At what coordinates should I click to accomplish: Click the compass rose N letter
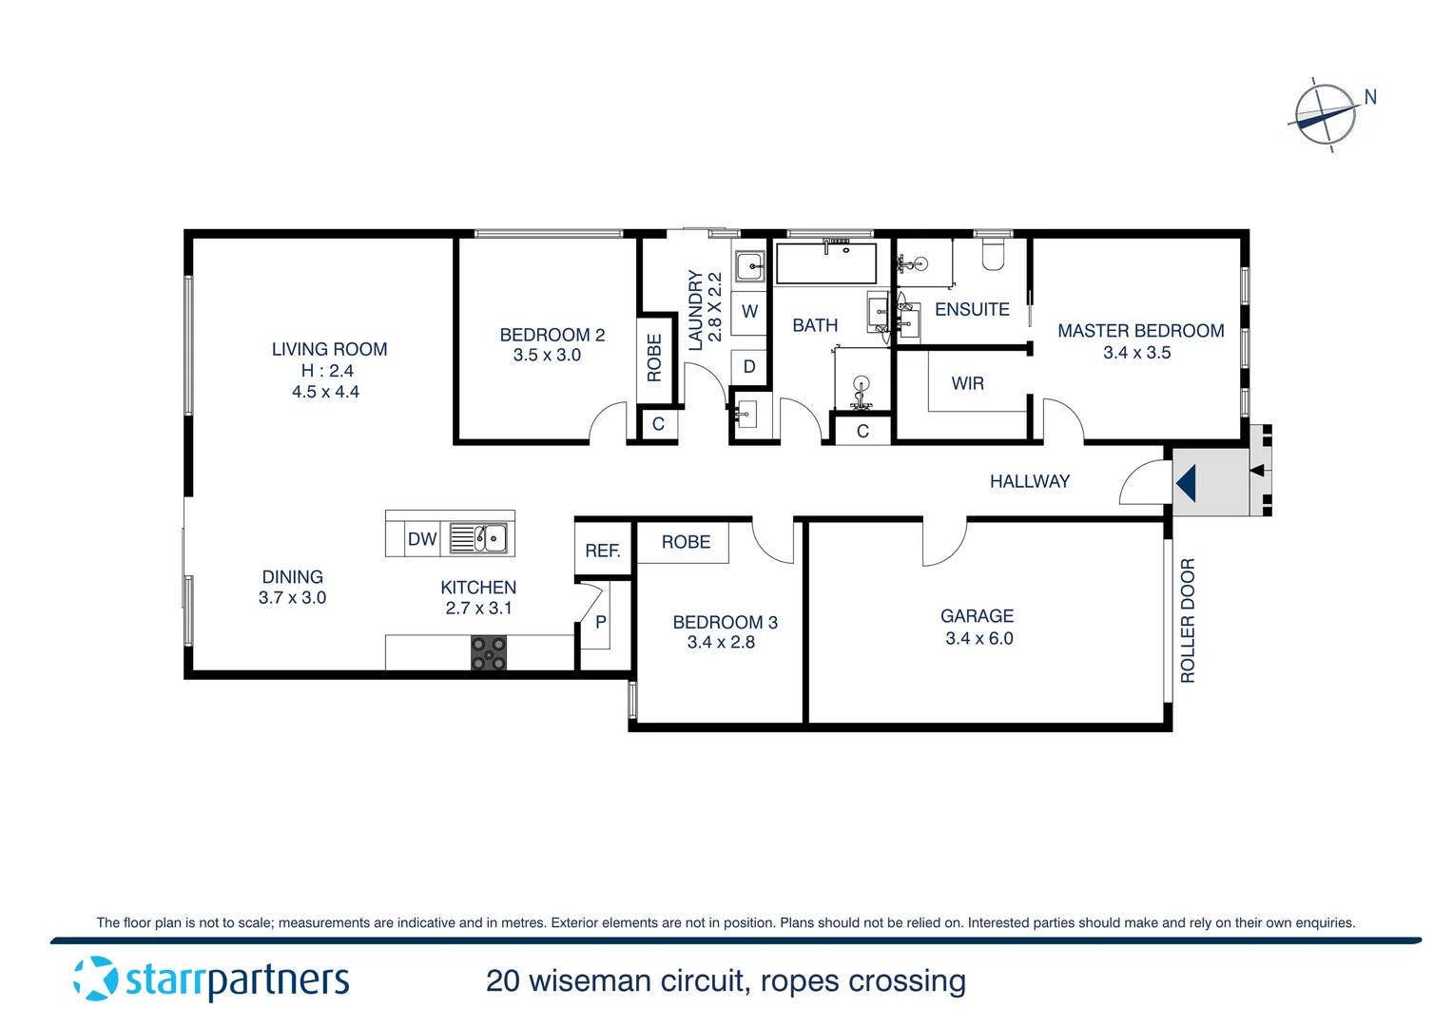point(1370,97)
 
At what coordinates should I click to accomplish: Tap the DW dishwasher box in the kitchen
point(421,539)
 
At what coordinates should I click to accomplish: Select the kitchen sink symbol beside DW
point(478,538)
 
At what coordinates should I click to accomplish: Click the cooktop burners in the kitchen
point(489,653)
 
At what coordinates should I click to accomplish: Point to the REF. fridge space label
point(603,551)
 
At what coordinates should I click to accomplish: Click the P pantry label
point(600,623)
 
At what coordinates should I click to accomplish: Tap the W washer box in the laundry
point(749,312)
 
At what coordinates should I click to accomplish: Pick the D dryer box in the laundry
point(749,367)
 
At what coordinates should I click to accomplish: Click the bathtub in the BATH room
point(825,263)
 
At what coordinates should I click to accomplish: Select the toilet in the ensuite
point(993,255)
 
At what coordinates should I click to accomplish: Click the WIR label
point(967,383)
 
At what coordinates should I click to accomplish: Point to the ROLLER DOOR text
point(1188,620)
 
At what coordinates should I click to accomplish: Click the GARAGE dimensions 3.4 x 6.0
point(978,639)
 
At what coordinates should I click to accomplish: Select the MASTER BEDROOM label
point(1140,331)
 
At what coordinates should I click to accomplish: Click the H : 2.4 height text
point(327,371)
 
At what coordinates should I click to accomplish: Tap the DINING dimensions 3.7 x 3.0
point(292,598)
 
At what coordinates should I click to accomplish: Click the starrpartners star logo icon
point(95,979)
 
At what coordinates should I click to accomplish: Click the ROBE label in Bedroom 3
point(686,542)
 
